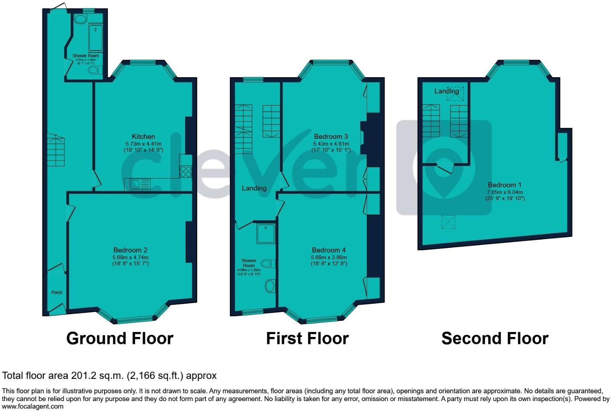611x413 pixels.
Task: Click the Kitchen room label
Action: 143,136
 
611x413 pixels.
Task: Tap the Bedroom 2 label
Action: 131,250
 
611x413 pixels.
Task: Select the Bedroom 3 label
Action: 331,136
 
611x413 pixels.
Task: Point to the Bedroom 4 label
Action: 328,250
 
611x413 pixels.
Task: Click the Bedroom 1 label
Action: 504,185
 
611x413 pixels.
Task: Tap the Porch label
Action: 57,293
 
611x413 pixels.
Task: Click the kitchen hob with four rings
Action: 186,171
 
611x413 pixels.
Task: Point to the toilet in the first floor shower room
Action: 267,263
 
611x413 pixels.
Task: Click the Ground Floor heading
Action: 119,339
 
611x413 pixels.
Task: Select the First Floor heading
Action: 307,339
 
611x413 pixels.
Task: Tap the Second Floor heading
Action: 495,339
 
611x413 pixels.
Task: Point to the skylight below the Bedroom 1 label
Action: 448,222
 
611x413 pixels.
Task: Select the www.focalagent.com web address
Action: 33,406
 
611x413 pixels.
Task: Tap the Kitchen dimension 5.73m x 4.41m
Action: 143,144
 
